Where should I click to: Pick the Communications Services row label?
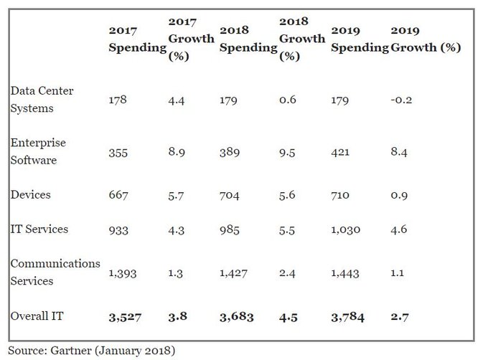click(x=55, y=273)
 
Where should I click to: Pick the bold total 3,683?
click(x=236, y=317)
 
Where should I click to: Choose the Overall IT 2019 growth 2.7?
click(x=400, y=317)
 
